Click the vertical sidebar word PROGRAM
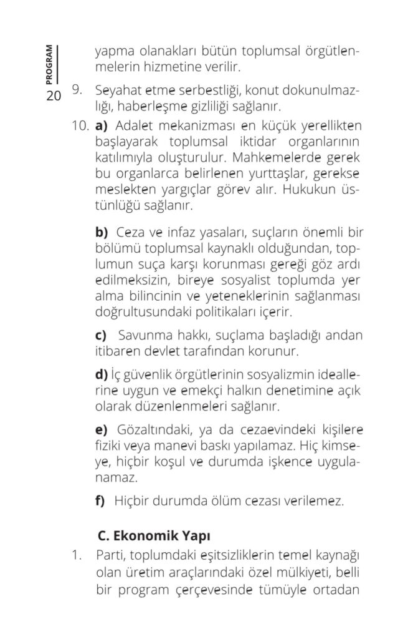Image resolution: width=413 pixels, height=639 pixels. click(x=49, y=65)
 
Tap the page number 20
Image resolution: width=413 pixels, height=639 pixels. click(x=52, y=97)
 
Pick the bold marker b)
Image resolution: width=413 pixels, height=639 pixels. click(x=102, y=233)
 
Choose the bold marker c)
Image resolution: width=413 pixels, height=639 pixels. click(x=101, y=336)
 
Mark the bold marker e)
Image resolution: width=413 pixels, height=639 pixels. click(x=102, y=432)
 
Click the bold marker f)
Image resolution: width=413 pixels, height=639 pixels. click(x=100, y=500)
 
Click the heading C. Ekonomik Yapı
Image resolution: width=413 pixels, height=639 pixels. click(x=154, y=536)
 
